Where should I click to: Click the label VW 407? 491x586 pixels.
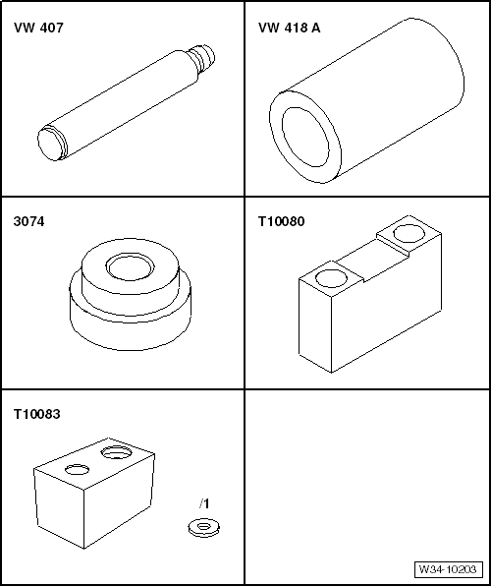[x=38, y=29]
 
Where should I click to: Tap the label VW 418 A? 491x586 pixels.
[x=290, y=29]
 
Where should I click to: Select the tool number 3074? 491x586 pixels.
[x=28, y=221]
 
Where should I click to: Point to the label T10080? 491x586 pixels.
[x=282, y=221]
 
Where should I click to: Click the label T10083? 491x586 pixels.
[x=37, y=414]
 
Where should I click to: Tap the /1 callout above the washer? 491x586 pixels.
[x=204, y=503]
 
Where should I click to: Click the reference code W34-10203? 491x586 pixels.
[x=448, y=569]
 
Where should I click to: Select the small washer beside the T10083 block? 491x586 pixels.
[x=203, y=528]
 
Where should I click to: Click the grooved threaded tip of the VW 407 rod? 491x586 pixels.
[x=202, y=58]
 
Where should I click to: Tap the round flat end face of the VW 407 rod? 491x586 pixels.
[x=51, y=145]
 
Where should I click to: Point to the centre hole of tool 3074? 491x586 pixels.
[x=131, y=266]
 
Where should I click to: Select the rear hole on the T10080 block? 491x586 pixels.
[x=409, y=234]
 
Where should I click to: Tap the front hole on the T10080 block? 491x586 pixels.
[x=331, y=278]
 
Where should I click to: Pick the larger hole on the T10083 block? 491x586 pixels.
[x=117, y=452]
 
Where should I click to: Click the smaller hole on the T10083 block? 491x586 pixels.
[x=78, y=469]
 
